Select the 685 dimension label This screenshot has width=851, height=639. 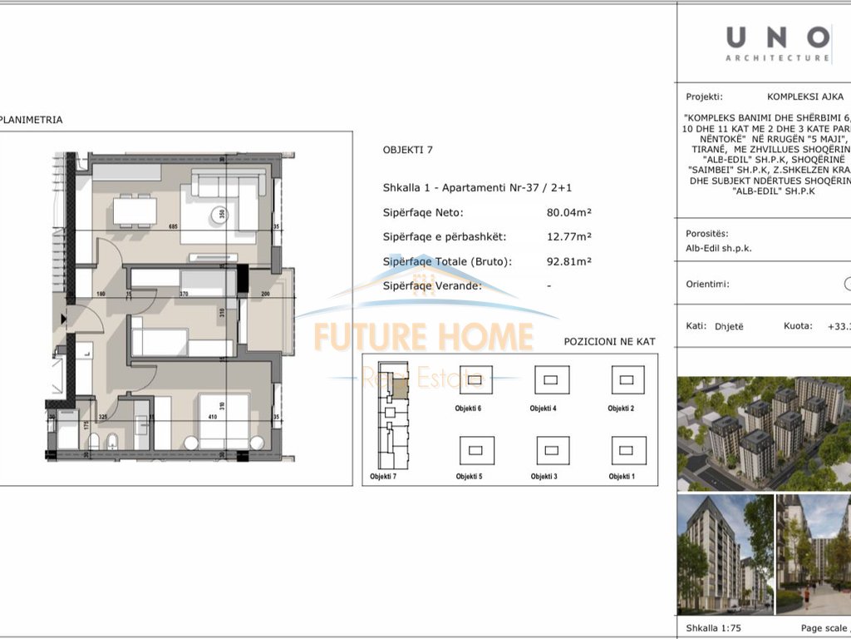pos(174,226)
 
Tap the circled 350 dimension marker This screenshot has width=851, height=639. pos(221,213)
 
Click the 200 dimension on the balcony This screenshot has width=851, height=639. pos(264,294)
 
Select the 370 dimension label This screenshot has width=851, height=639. pos(183,294)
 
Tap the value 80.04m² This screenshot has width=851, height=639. pos(568,212)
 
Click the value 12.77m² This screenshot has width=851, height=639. pos(568,236)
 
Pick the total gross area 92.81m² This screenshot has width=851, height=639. pos(568,261)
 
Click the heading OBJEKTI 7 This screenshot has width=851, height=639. pos(409,151)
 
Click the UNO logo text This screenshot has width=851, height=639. pos(777,37)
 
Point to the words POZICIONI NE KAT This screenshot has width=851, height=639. pos(609,342)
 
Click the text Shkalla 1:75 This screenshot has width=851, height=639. pos(715,628)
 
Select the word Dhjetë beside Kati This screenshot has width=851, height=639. pos(729,326)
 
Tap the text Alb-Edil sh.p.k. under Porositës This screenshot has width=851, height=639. pos(719,248)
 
